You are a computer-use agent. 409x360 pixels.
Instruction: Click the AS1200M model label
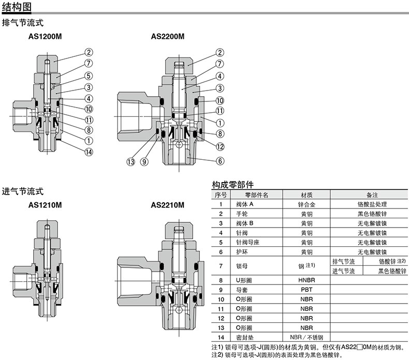(x=45, y=36)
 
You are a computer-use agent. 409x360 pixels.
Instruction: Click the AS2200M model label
(x=167, y=36)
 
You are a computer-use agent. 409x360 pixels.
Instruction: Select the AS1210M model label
(x=45, y=205)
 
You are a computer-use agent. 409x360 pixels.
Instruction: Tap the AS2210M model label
(x=167, y=205)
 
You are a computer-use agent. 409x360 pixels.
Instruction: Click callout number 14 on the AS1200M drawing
(x=89, y=152)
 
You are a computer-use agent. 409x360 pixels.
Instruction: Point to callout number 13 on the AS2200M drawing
(x=130, y=162)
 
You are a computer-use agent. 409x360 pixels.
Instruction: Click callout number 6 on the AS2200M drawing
(x=220, y=161)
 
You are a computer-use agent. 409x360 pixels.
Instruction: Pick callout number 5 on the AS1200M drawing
(x=89, y=76)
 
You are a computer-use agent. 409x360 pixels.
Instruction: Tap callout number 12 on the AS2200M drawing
(x=220, y=147)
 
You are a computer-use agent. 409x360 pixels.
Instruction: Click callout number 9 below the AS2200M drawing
(x=144, y=162)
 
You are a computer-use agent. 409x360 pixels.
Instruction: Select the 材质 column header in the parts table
(x=306, y=194)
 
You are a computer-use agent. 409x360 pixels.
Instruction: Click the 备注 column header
(x=372, y=194)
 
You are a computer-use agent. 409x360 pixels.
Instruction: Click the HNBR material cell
(x=306, y=280)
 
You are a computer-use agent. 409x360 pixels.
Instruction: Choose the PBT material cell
(x=306, y=290)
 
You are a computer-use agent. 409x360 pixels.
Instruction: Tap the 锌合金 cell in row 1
(x=306, y=204)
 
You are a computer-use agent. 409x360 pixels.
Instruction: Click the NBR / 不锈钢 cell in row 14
(x=306, y=337)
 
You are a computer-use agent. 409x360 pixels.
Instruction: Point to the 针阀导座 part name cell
(x=247, y=243)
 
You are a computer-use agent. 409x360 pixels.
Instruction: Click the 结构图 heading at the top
(x=17, y=7)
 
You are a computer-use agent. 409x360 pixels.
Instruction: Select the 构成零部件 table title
(x=232, y=185)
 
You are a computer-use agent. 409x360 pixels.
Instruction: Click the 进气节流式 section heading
(x=23, y=191)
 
